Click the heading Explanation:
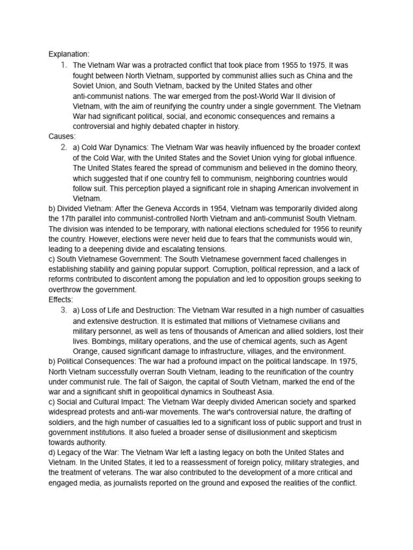point(69,54)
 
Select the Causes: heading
point(62,136)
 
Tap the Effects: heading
point(61,300)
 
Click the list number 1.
point(63,65)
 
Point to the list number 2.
point(63,147)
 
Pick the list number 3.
point(63,310)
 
